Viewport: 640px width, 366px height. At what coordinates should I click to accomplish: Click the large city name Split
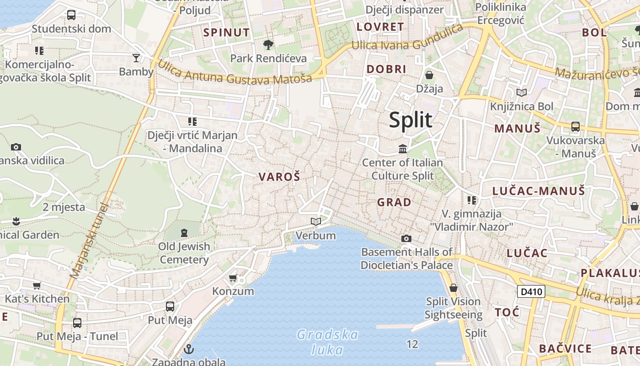[x=411, y=120]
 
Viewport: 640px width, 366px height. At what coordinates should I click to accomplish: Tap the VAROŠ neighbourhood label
[x=279, y=177]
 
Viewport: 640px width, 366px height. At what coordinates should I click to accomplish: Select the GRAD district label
[x=394, y=202]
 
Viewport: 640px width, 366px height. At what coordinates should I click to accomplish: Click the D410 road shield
[x=531, y=291]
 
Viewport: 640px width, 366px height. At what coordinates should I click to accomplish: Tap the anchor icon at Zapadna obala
[x=188, y=350]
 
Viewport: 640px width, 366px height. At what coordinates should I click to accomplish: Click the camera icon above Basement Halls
[x=406, y=238]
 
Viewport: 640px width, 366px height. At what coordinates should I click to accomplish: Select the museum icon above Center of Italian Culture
[x=403, y=149]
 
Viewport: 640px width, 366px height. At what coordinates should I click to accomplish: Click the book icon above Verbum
[x=315, y=222]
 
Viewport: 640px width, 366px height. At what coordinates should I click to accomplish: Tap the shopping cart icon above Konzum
[x=233, y=278]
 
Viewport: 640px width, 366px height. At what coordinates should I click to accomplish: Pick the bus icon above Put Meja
[x=170, y=306]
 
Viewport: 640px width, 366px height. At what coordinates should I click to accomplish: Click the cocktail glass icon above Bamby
[x=136, y=58]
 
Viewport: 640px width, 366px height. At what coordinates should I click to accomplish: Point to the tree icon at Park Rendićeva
[x=268, y=44]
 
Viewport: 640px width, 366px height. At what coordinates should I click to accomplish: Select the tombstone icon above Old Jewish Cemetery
[x=184, y=233]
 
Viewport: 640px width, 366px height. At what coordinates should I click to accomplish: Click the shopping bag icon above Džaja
[x=429, y=75]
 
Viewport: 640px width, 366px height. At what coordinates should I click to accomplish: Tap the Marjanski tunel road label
[x=89, y=240]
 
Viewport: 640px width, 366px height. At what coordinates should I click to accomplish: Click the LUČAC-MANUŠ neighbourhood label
[x=539, y=191]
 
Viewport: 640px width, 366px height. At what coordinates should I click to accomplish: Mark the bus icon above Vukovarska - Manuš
[x=576, y=126]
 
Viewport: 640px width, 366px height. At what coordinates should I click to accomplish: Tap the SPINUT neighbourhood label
[x=227, y=32]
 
